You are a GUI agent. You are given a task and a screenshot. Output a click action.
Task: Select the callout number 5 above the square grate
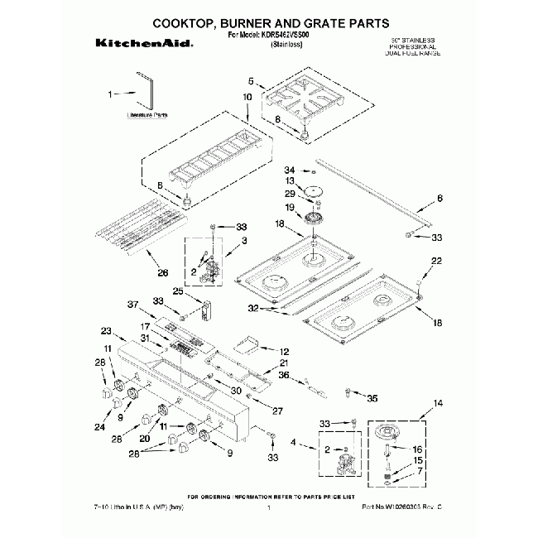(x=251, y=80)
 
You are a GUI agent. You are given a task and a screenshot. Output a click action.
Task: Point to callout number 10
(x=247, y=98)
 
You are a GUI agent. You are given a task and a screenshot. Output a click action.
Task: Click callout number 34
(x=290, y=170)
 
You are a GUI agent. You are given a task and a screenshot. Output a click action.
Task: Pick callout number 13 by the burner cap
(x=291, y=180)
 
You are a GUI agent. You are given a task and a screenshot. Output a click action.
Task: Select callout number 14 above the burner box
(x=439, y=403)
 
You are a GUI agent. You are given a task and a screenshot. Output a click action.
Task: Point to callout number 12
(x=284, y=351)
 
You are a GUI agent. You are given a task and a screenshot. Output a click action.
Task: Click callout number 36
(x=282, y=375)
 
